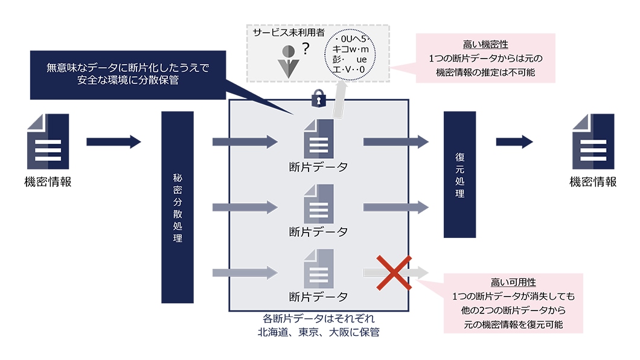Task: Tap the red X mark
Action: pos(394,272)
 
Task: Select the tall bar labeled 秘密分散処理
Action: pos(178,207)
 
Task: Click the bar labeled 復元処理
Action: pos(459,175)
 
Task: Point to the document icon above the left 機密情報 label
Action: pos(48,141)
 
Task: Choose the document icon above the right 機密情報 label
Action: pos(593,141)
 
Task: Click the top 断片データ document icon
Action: pos(318,138)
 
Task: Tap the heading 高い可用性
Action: pos(513,283)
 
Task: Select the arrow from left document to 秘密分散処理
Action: pos(114,142)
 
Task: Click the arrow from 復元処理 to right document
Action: pos(514,142)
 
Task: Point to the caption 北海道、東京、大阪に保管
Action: pos(318,332)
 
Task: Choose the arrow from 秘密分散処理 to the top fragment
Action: pos(245,142)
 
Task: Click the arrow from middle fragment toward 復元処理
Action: pos(395,207)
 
